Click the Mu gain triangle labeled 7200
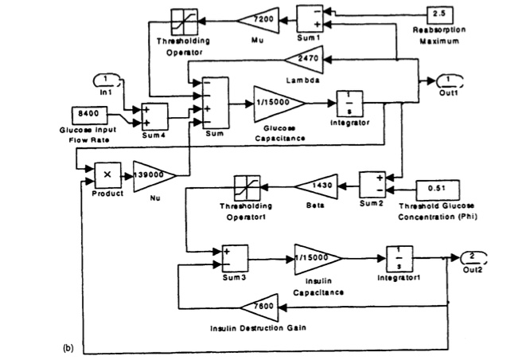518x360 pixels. point(261,18)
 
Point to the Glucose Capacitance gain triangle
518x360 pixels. point(278,101)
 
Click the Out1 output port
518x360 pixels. point(450,80)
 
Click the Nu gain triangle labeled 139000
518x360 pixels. point(156,175)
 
